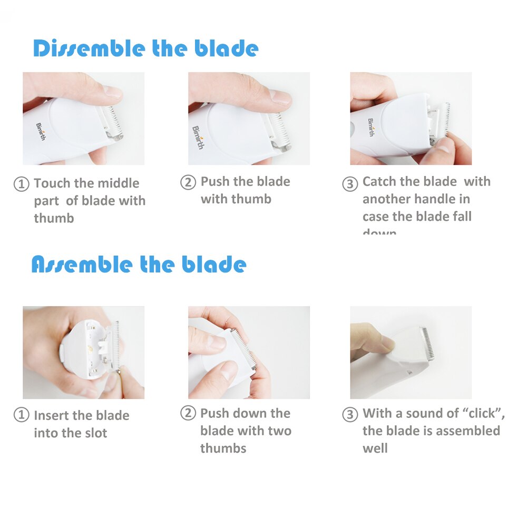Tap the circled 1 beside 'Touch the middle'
pos(21,184)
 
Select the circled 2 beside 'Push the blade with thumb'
pos(188,182)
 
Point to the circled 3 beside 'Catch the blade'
pos(350,184)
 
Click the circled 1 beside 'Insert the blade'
pos(21,415)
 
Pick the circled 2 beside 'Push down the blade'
pos(188,414)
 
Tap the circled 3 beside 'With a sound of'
pos(350,414)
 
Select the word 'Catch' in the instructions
pos(379,182)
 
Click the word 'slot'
pos(95,433)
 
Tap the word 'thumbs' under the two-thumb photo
pos(223,448)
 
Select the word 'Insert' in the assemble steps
pos(52,415)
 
